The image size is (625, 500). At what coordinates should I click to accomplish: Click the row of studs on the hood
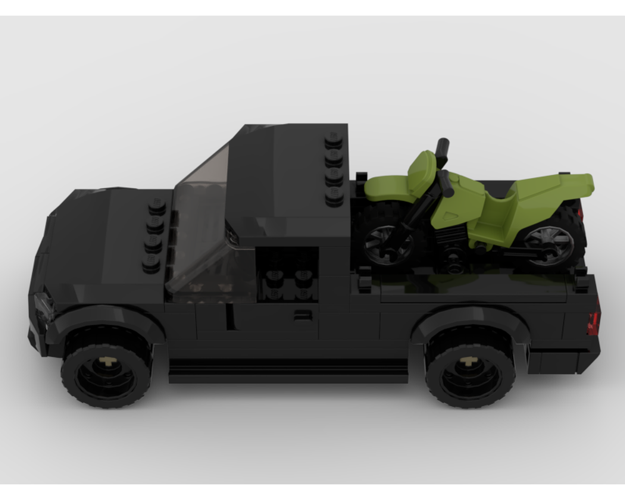(x=154, y=234)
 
